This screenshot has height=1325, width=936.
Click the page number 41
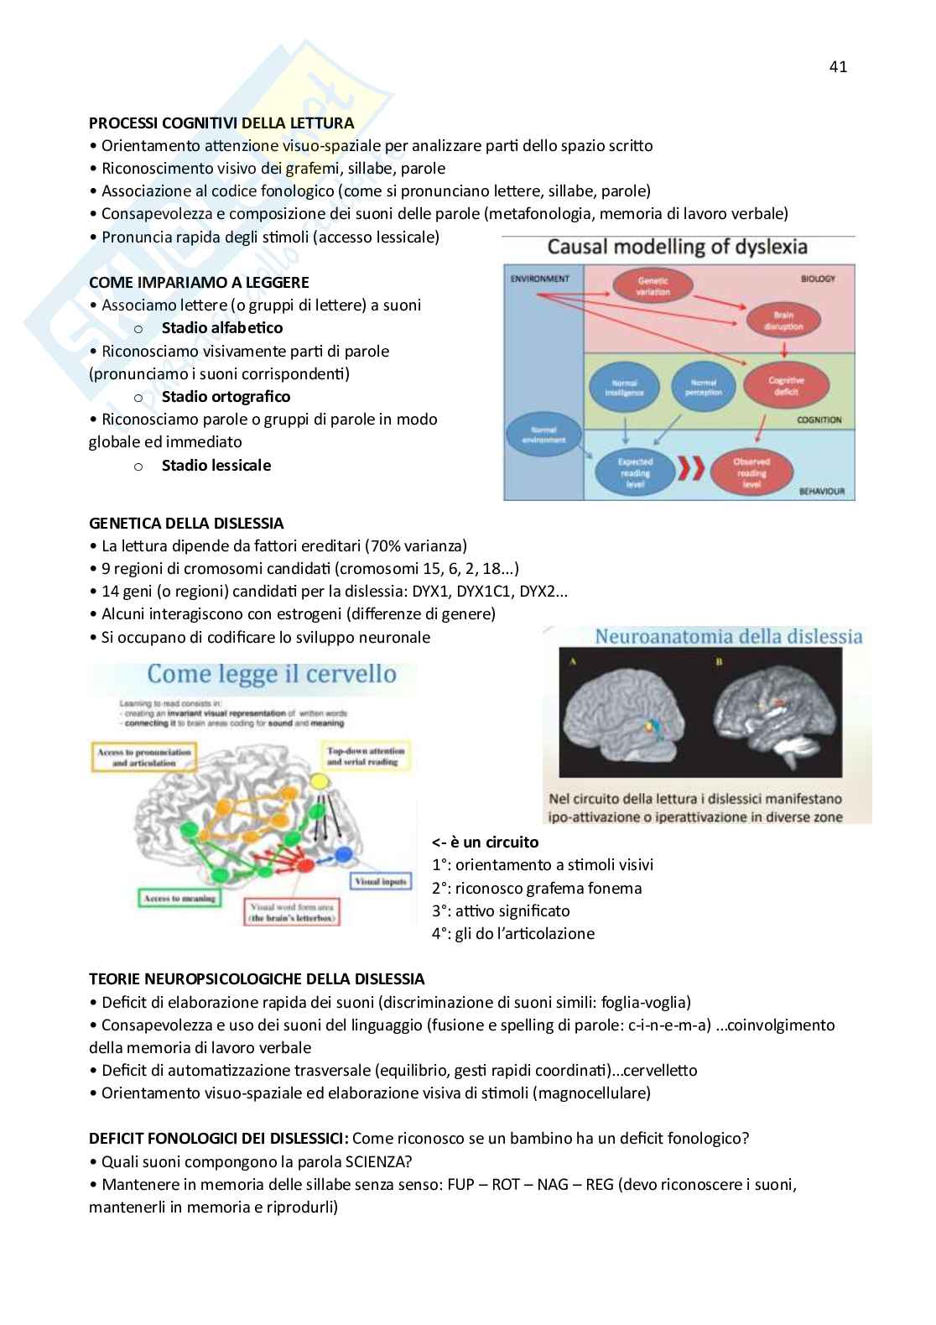838,67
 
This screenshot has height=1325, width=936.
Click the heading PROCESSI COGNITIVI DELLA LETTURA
221,123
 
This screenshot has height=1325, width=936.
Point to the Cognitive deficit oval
786,386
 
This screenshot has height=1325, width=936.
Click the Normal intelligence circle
628,387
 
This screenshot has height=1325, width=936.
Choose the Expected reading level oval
635,472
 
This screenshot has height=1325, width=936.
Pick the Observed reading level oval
751,472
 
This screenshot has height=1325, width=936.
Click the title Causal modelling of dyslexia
677,247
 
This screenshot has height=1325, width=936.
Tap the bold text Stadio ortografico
226,396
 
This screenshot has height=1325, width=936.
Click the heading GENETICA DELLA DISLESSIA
186,524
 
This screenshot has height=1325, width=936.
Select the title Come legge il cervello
271,674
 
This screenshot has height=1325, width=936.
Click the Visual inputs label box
381,882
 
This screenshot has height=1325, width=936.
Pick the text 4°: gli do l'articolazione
513,933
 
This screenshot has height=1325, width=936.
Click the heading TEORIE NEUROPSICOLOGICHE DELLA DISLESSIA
257,978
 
